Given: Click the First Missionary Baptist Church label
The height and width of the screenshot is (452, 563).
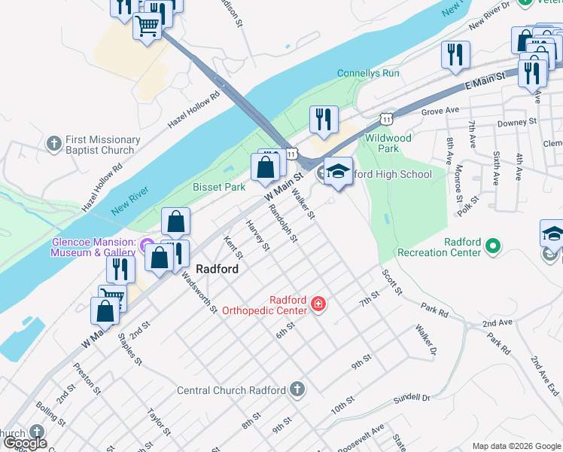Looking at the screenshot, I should [102, 145].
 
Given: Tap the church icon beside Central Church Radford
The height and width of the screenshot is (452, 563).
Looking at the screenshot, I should [297, 389].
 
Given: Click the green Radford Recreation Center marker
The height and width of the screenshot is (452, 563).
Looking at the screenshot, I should [494, 246].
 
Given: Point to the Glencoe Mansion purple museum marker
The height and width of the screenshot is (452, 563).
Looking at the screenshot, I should [148, 248].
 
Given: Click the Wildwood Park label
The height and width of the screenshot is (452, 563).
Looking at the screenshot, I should [388, 143].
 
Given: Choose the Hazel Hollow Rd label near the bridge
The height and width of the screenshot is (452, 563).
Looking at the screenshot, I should [193, 110].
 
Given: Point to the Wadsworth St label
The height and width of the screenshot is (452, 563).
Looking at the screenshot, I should [199, 292].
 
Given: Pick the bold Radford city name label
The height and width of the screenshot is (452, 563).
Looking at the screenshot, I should [218, 269].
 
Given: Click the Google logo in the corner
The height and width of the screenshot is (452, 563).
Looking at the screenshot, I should [25, 443].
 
